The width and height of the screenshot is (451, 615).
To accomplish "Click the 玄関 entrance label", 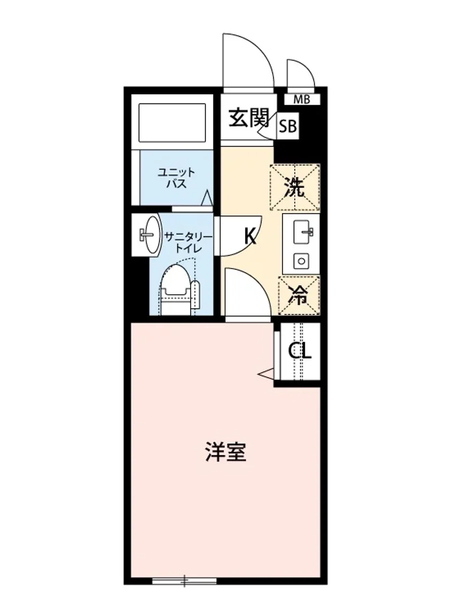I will pos(248,119).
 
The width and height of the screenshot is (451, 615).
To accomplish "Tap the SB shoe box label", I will pos(288,127).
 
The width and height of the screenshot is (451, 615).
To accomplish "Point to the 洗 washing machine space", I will pos(295,188).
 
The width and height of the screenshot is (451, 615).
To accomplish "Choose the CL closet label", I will pos(299,351).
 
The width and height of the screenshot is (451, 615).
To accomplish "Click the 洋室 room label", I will pos(225,451).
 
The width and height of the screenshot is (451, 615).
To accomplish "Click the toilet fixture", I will pos(177,290).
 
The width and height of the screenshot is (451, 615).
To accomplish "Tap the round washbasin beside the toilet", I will pos(151,235).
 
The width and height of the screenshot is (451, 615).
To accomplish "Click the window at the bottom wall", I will pos(184,581).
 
